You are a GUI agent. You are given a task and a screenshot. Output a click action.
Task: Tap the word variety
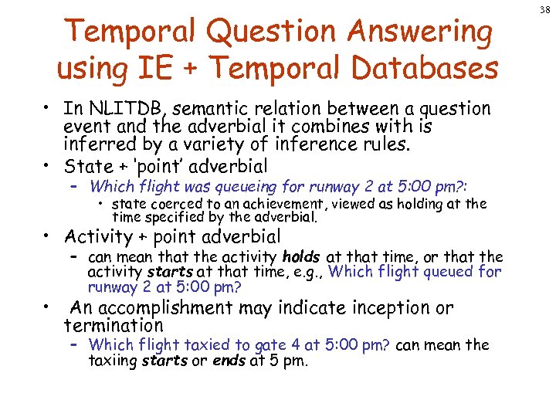pyautogui.click(x=211, y=144)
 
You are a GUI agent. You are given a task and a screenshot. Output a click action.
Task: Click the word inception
pyautogui.click(x=395, y=308)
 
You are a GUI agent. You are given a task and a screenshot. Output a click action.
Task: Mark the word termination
pyautogui.click(x=114, y=325)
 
